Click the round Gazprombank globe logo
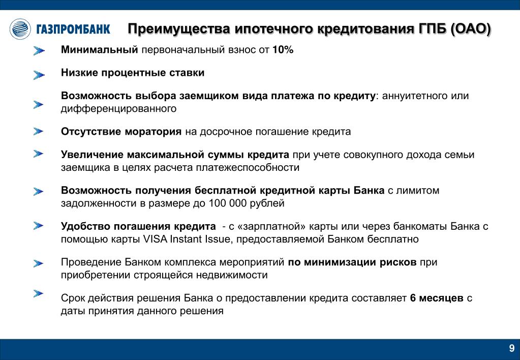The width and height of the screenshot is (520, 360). tap(20, 29)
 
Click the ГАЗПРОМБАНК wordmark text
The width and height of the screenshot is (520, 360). tap(73, 29)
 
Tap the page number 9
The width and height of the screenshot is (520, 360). tap(512, 348)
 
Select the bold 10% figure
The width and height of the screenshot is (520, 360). tap(283, 50)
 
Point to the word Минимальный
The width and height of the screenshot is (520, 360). tap(100, 50)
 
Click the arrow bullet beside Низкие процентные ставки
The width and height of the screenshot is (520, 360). tap(39, 75)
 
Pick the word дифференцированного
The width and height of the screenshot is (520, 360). tap(119, 109)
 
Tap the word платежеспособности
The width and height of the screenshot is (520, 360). tap(248, 168)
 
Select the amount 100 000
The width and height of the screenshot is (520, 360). tap(228, 203)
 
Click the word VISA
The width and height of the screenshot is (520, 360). tap(155, 239)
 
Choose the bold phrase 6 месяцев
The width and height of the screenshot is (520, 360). tap(437, 298)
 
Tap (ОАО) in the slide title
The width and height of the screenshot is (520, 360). tap(471, 29)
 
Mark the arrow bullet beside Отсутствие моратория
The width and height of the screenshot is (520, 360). tap(39, 131)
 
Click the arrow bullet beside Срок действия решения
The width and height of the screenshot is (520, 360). tap(39, 293)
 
